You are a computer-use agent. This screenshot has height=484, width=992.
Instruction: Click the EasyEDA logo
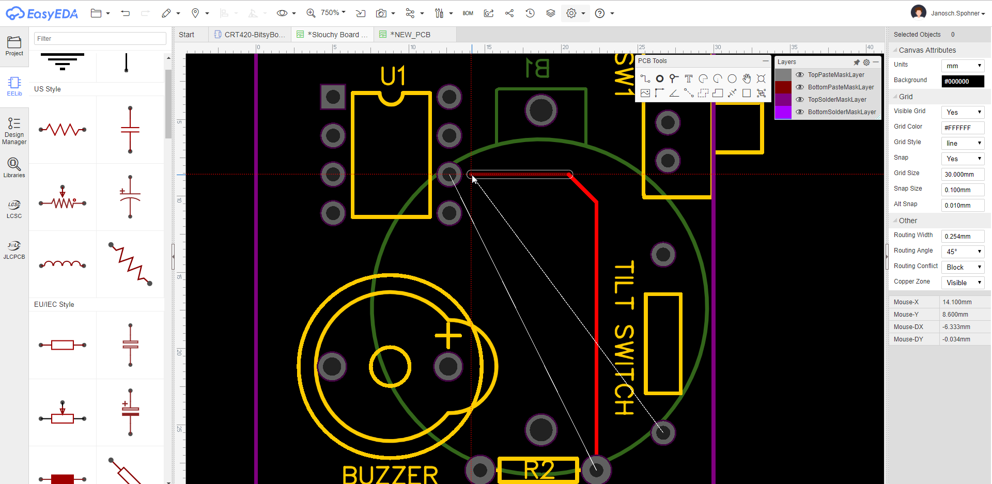click(x=42, y=13)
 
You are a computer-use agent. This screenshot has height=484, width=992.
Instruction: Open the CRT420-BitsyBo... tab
click(x=250, y=35)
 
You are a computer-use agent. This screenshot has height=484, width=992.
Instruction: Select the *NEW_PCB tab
click(x=410, y=35)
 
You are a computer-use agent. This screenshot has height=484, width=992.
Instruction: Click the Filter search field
click(x=100, y=39)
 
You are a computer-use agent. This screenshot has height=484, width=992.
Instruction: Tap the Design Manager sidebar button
click(x=14, y=130)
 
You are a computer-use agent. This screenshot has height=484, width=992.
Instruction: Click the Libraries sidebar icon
click(x=14, y=168)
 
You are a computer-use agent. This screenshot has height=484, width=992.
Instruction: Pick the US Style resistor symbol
click(x=63, y=130)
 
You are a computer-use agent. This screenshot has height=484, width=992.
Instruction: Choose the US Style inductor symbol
click(x=63, y=264)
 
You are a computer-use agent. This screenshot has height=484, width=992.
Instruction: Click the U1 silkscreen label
click(x=393, y=76)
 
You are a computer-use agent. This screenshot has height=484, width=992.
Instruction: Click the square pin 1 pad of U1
click(x=333, y=97)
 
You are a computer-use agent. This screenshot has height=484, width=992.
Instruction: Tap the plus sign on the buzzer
click(x=448, y=336)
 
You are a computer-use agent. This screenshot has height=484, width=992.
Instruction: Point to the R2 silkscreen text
click(x=538, y=470)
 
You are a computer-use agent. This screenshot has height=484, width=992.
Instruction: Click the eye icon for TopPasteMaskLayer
click(x=800, y=75)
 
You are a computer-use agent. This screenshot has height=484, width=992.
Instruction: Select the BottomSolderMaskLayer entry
click(x=842, y=112)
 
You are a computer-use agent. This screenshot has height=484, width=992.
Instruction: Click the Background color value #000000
click(x=963, y=81)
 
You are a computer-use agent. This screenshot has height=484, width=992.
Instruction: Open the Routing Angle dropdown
click(x=963, y=252)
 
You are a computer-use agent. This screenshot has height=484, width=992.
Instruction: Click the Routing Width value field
click(x=963, y=236)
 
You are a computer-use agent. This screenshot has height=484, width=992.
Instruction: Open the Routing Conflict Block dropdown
click(x=963, y=267)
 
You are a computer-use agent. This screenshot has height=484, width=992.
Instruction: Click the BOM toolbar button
click(x=468, y=13)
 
